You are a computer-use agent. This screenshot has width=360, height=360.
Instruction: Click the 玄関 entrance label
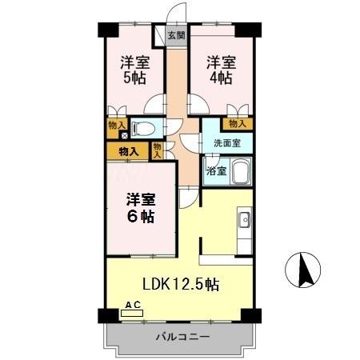[x=176, y=35]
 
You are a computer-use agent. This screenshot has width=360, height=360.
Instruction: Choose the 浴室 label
[x=216, y=170]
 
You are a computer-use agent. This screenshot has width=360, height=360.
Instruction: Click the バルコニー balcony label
[x=182, y=337]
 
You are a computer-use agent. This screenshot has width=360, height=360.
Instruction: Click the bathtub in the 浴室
[x=239, y=170]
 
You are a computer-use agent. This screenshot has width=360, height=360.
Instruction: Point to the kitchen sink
[x=244, y=220]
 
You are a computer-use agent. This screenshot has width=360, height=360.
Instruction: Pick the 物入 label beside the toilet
[x=117, y=124]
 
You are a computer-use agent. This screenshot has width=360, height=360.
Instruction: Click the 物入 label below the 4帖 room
[x=236, y=123]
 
